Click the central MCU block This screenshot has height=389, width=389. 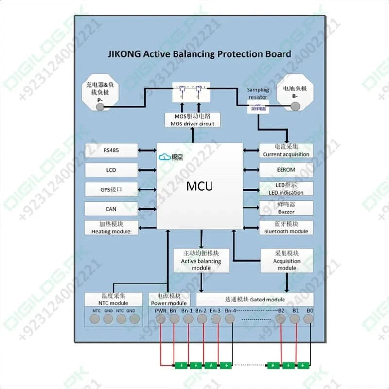point(199,186)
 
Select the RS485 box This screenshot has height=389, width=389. point(111,150)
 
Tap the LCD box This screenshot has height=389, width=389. point(111,170)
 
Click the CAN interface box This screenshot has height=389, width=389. point(111,209)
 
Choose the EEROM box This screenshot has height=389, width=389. point(286,170)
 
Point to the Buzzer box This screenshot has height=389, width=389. point(286,208)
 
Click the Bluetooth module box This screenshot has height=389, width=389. point(286,228)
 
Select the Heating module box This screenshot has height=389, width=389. point(111,228)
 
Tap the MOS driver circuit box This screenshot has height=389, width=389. point(192,120)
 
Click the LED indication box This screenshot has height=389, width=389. point(286,189)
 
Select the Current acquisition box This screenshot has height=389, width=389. point(286,150)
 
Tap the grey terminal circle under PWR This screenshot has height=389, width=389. point(160,319)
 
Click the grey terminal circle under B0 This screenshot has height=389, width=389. point(309,319)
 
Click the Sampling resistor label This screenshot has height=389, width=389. point(258,93)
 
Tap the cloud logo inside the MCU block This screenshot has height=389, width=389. point(164,157)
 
